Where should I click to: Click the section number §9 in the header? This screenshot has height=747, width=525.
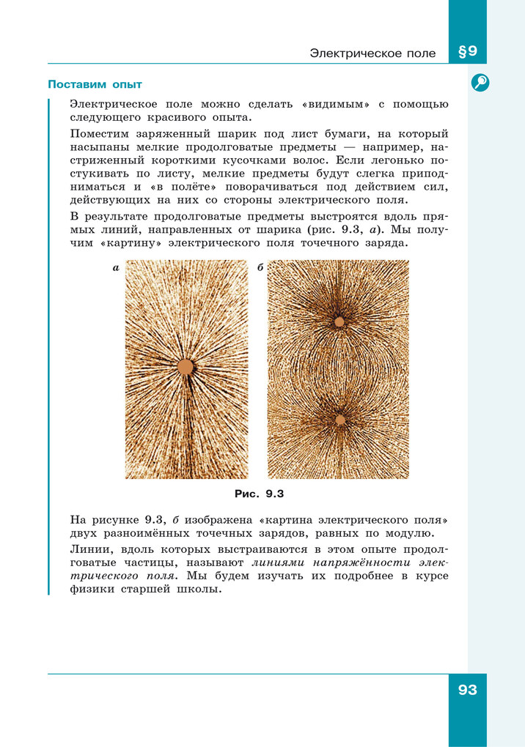(467, 52)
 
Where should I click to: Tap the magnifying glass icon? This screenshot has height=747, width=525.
(480, 83)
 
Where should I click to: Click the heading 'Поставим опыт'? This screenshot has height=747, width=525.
(95, 84)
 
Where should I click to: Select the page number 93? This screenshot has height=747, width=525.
(467, 690)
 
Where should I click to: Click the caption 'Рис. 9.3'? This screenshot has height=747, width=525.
(259, 493)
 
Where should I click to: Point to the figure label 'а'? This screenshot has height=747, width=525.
(116, 269)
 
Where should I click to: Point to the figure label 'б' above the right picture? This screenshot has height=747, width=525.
(260, 269)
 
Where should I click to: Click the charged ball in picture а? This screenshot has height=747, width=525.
(186, 366)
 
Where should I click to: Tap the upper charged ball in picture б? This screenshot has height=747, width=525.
(339, 322)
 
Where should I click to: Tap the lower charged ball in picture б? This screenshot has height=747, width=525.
(339, 420)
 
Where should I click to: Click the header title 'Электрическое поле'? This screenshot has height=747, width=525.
(372, 53)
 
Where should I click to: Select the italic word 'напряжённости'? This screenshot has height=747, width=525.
(342, 563)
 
